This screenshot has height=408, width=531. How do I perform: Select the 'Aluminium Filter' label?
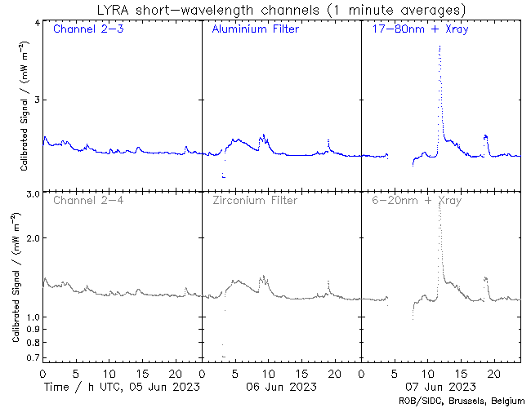255,29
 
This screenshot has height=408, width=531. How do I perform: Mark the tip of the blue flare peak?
440,47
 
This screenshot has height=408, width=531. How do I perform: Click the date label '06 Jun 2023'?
276,386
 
